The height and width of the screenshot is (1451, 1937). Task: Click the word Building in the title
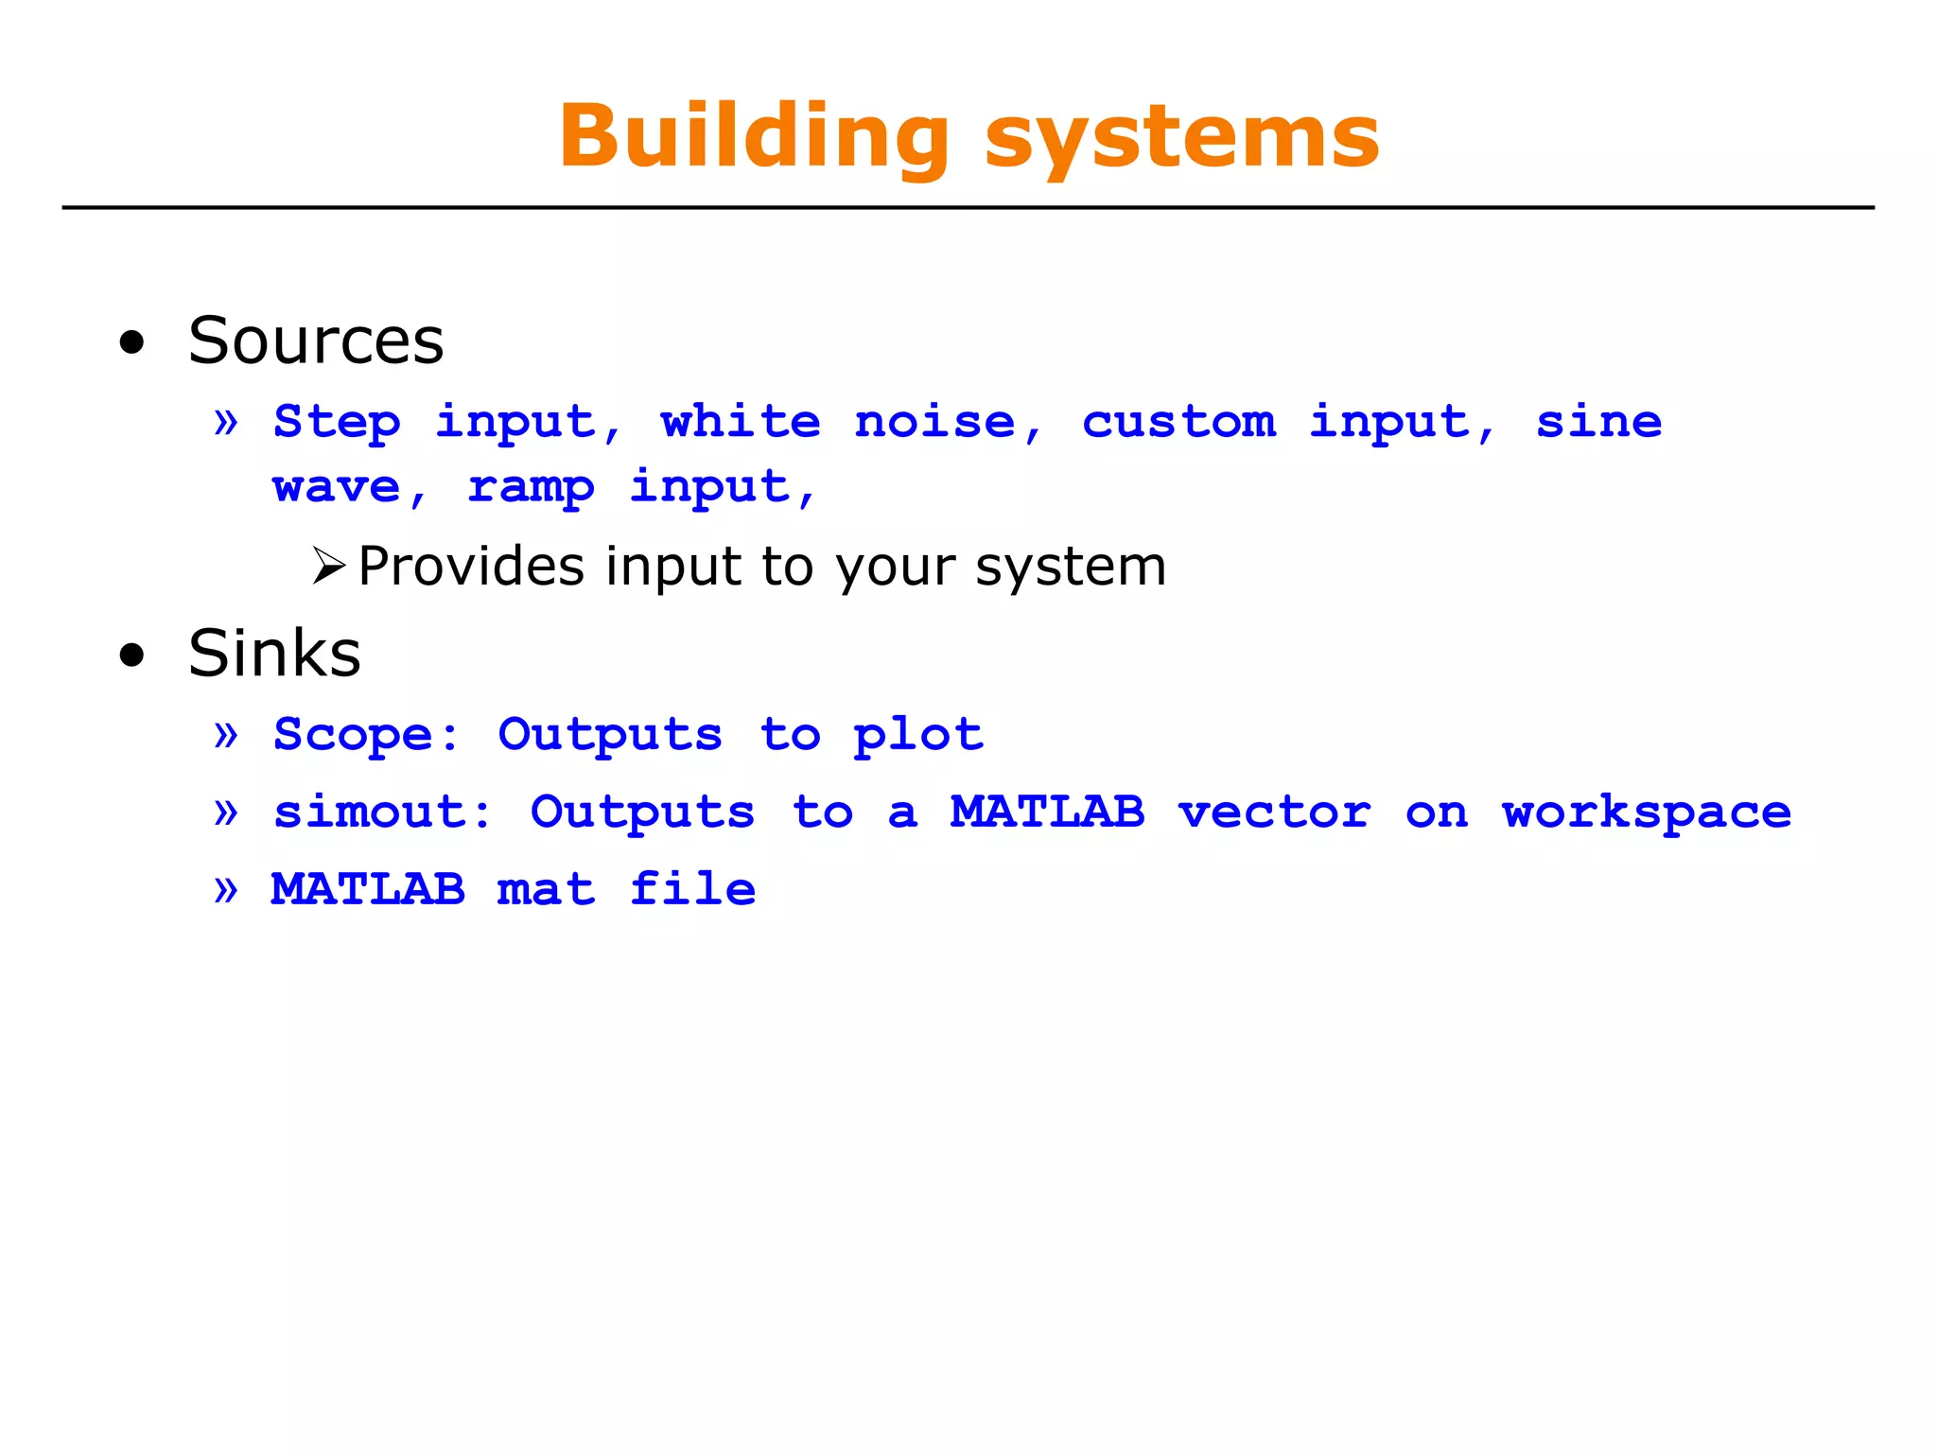click(754, 137)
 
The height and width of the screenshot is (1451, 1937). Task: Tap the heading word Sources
click(316, 341)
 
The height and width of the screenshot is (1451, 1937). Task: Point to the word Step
click(337, 422)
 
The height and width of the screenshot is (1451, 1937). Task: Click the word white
click(741, 421)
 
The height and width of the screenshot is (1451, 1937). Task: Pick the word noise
click(934, 421)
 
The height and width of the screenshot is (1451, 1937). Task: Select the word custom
click(1178, 421)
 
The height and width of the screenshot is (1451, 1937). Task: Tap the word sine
click(1598, 421)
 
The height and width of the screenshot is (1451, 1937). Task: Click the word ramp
click(531, 488)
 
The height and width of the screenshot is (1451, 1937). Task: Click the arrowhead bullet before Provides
click(328, 566)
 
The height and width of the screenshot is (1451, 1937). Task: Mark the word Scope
click(353, 735)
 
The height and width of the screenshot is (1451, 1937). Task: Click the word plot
click(918, 735)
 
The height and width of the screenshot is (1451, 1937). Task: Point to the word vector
click(1274, 812)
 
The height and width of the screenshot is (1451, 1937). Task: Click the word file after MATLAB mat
click(692, 889)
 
